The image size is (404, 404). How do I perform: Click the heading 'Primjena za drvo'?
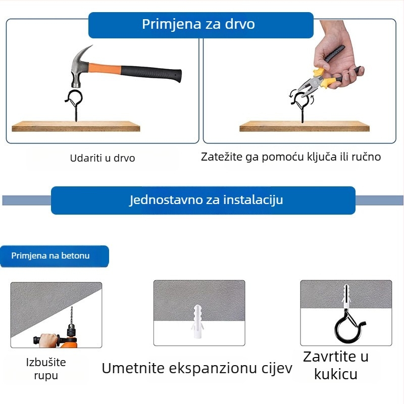click(198, 24)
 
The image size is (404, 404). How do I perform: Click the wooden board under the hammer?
click(76, 126)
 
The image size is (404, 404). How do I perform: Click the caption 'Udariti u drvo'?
click(103, 158)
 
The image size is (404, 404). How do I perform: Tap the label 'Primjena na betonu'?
click(50, 256)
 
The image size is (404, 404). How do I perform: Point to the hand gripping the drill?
click(49, 340)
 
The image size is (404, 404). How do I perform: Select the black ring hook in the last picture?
click(348, 326)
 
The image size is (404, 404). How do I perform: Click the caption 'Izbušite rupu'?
click(46, 369)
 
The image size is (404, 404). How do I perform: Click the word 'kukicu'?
click(336, 374)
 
